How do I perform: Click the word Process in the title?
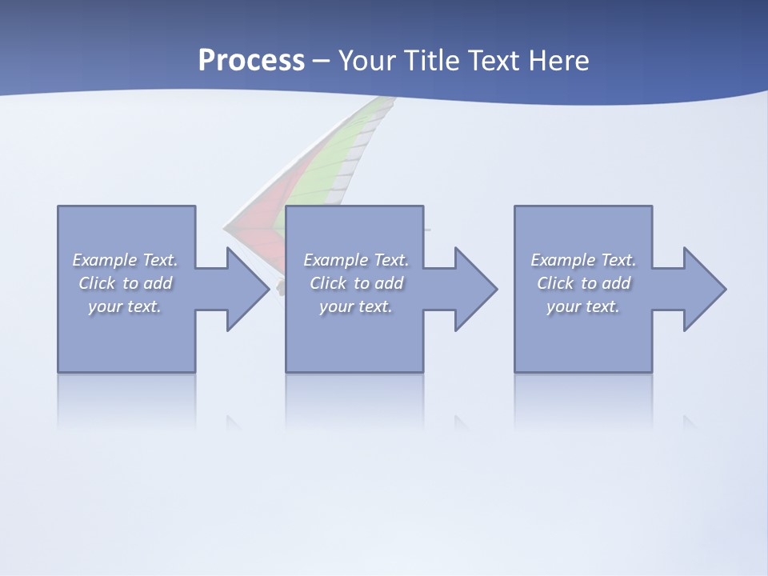coord(251,61)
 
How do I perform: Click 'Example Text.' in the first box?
coord(125,260)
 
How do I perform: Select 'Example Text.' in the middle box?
coord(356,260)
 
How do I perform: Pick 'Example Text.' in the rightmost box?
coord(583,260)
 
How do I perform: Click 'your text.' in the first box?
coord(125,306)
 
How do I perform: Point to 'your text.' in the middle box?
coord(356,306)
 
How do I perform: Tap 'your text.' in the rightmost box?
coord(583,306)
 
